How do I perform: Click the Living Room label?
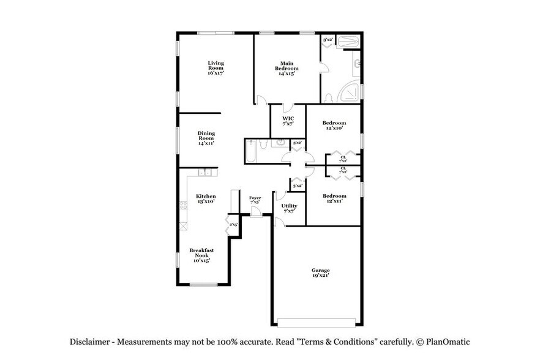215,67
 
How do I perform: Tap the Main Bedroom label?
287,67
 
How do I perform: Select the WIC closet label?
288,121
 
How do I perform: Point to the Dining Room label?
206,138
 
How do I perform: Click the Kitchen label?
206,198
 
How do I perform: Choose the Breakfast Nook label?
201,255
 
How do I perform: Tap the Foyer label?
255,200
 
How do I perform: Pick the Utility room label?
289,208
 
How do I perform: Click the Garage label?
320,272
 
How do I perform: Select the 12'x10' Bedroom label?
334,126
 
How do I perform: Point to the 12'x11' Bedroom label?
334,198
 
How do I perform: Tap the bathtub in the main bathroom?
348,42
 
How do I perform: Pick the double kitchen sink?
207,173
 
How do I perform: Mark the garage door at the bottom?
317,321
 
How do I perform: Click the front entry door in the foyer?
256,211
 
